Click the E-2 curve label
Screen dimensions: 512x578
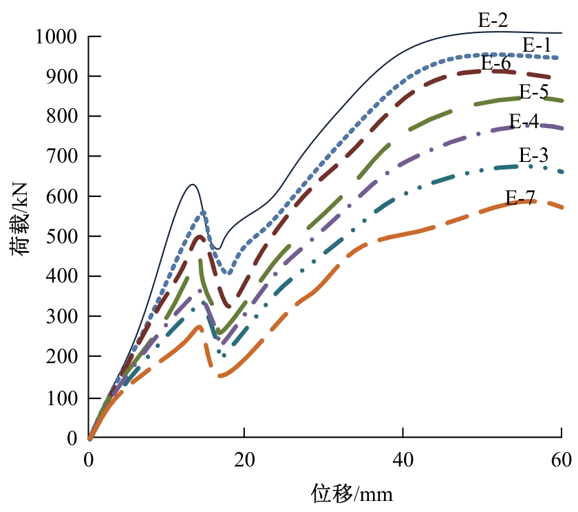coord(493,21)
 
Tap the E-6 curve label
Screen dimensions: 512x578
coord(495,63)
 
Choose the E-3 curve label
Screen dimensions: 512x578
coord(533,154)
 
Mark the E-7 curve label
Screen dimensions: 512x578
coord(520,198)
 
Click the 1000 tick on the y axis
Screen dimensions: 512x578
coord(57,36)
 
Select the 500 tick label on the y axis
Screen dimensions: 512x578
coord(63,236)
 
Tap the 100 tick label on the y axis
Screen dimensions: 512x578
coord(63,398)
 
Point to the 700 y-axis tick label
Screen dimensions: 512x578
coord(63,156)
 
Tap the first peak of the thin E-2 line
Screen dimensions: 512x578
coord(193,185)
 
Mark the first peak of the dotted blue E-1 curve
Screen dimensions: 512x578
coord(203,212)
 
